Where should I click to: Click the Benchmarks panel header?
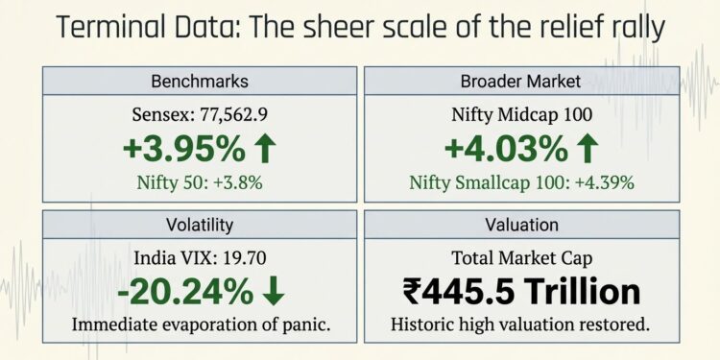click(x=198, y=81)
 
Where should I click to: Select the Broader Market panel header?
click(x=521, y=81)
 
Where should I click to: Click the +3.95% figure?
click(x=181, y=149)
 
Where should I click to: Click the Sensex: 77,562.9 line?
click(x=198, y=115)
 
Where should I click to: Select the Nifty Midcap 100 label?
click(x=521, y=115)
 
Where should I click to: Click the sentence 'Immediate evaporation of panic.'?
click(x=198, y=324)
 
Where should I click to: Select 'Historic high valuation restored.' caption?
click(x=521, y=324)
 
